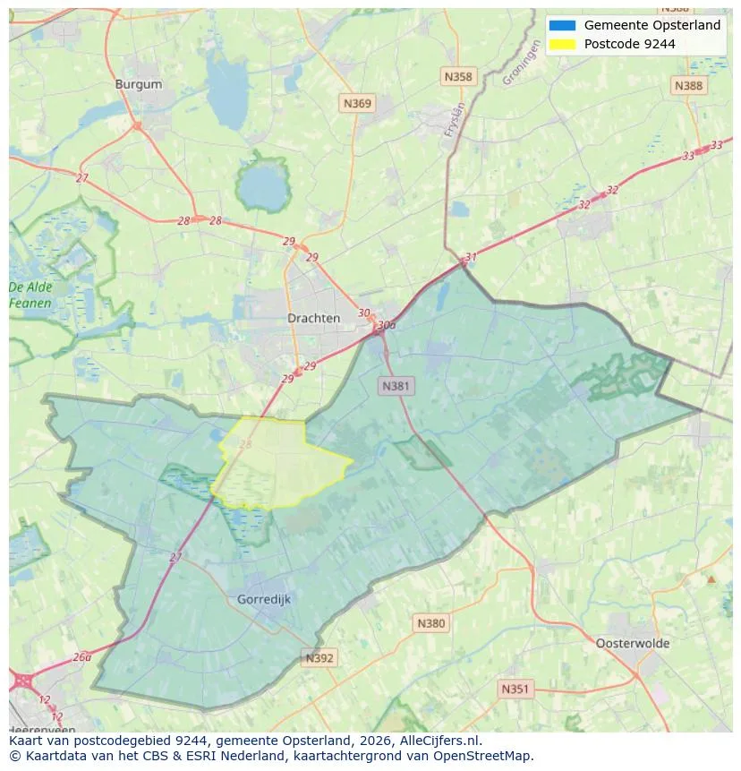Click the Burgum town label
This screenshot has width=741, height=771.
tap(139, 84)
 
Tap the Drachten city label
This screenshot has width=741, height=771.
tap(313, 318)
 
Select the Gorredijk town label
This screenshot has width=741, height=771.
tap(264, 599)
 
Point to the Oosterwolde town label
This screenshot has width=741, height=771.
tap(632, 643)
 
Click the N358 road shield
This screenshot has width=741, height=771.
tap(457, 77)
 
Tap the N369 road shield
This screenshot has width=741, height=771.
tap(357, 104)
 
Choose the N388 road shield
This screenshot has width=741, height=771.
tap(688, 85)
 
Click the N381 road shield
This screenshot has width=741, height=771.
tap(396, 386)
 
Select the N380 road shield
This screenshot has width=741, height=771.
tap(430, 622)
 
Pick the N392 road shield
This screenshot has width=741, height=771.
tap(319, 658)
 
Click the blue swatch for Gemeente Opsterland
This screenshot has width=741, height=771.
tap(563, 25)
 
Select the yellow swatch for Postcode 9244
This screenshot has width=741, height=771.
tap(563, 44)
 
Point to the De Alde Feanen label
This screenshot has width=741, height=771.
tap(30, 296)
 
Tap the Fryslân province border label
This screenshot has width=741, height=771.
tap(456, 119)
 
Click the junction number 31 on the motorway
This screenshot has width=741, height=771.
tap(471, 257)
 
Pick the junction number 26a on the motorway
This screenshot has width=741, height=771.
tap(82, 656)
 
